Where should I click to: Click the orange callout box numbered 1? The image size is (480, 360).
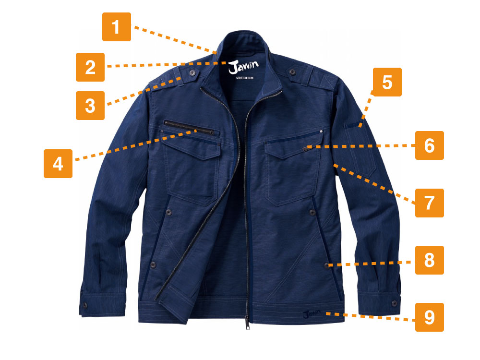tap(116, 27)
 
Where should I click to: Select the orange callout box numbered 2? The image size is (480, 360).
tap(90, 67)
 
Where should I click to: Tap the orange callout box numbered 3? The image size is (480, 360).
tap(90, 105)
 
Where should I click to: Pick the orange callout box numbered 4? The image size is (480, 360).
tap(58, 164)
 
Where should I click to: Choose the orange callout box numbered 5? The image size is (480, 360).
tap(387, 82)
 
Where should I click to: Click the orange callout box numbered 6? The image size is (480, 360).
tap(429, 145)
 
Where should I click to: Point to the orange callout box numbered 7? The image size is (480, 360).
tap(429, 203)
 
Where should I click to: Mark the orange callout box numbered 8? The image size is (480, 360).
tap(429, 260)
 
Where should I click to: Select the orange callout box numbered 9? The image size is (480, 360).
tap(429, 317)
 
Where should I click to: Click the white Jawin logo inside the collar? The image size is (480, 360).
tap(243, 66)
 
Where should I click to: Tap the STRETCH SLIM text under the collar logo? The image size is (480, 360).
tap(245, 78)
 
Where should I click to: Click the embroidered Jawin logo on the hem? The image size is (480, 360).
tap(312, 314)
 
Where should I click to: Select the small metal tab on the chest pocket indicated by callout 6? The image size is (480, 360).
tap(306, 149)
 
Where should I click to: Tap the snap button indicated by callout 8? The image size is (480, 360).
tap(327, 265)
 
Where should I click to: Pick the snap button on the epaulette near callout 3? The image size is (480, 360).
tap(192, 73)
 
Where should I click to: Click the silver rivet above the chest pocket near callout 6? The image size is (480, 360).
tap(321, 132)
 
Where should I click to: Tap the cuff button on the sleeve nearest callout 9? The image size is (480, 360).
tap(394, 303)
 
